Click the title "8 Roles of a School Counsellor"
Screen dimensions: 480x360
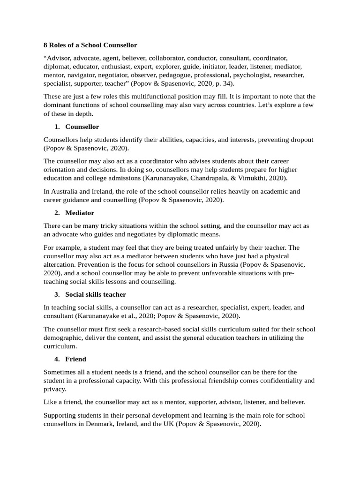pyautogui.click(x=90, y=45)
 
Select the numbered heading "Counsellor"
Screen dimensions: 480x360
pyautogui.click(x=82, y=127)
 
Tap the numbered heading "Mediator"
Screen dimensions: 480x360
pyautogui.click(x=80, y=213)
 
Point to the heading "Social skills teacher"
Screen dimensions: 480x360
pyautogui.click(x=96, y=294)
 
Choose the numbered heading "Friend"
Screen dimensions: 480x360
pyautogui.click(x=76, y=359)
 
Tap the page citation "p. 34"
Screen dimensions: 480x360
pyautogui.click(x=222, y=83)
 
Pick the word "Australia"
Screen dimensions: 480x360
pyautogui.click(x=67, y=191)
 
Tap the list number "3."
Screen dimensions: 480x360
pyautogui.click(x=57, y=294)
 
